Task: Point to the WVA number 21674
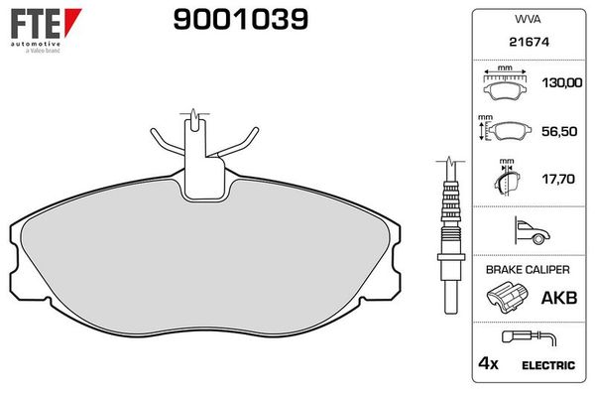526,44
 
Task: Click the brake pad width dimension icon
506,85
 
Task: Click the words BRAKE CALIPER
526,269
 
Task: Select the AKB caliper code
555,296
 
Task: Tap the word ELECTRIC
548,365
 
